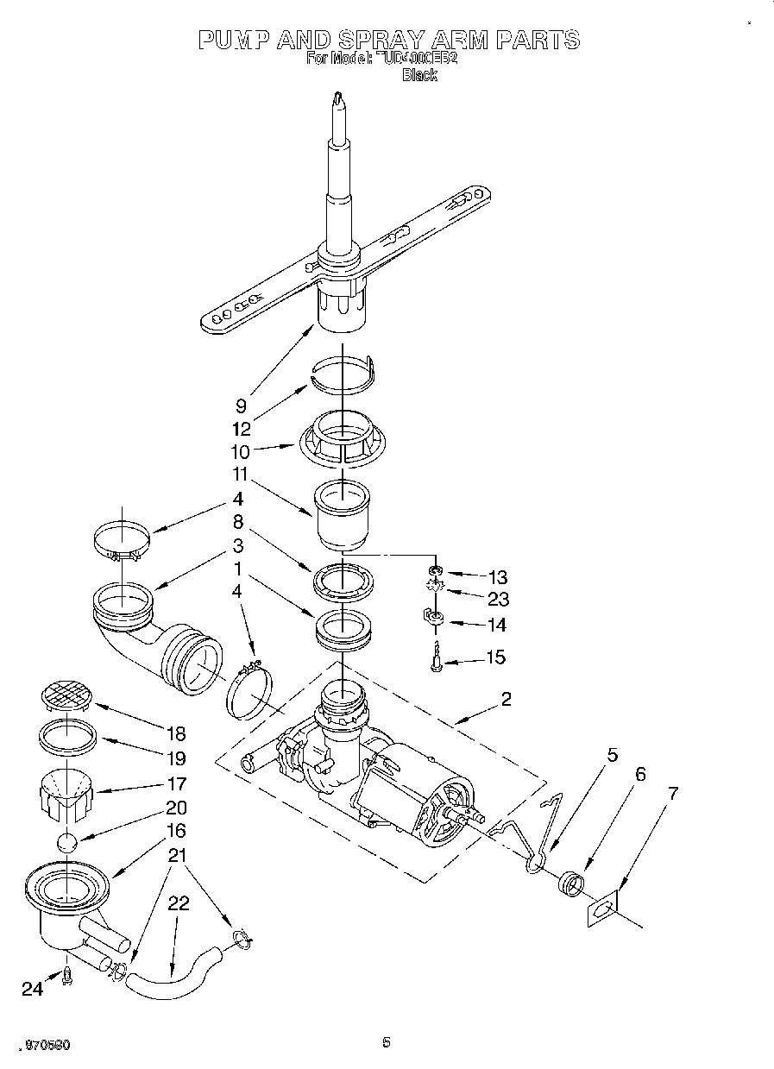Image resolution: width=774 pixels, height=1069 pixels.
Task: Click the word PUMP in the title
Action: point(236,40)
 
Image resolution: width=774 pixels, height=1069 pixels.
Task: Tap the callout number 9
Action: point(242,405)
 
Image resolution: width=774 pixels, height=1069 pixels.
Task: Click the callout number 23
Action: point(498,599)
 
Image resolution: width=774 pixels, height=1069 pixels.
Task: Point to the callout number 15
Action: point(495,657)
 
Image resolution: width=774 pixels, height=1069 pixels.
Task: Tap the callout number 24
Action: point(32,990)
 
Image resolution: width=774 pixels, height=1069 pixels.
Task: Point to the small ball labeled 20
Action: point(67,843)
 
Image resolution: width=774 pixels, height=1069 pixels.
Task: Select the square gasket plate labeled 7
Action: point(604,909)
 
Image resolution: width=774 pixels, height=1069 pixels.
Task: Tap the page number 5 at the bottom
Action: point(387,1043)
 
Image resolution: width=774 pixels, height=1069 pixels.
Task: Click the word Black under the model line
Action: point(419,75)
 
